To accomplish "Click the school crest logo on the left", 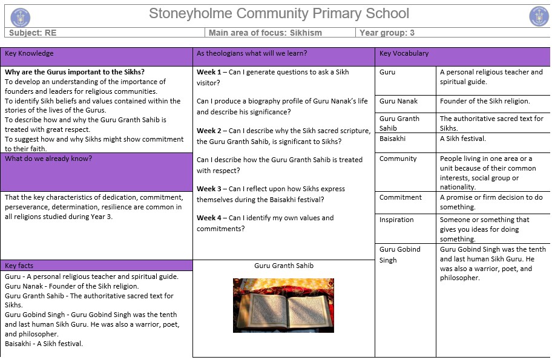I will [x=20, y=16].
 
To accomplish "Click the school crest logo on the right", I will [x=539, y=16].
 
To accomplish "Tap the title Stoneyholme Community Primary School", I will [x=279, y=14].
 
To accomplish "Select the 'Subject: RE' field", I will [x=33, y=33].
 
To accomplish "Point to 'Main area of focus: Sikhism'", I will [x=265, y=33].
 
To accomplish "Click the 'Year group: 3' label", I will [x=387, y=33].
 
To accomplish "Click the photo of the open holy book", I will [x=283, y=305].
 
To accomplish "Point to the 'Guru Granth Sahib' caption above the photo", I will [x=284, y=266].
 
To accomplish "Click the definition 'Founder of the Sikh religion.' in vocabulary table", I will [x=485, y=101].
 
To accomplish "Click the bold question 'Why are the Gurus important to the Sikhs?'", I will [x=75, y=72].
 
